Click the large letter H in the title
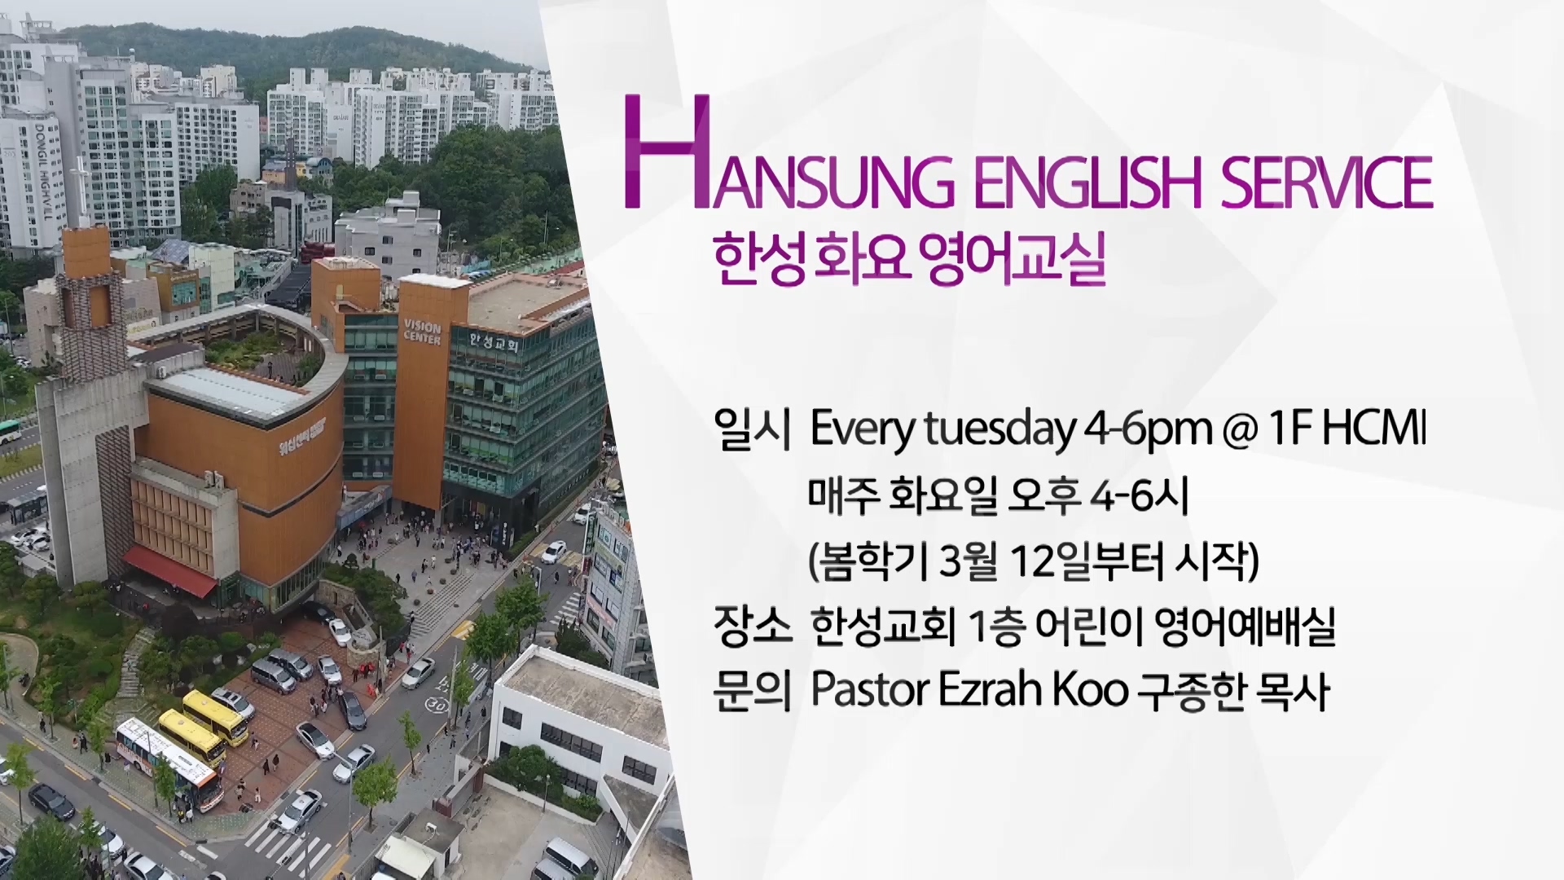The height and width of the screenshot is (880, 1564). tap(661, 152)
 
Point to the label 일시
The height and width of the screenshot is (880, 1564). tap(750, 429)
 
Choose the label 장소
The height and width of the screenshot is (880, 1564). tap(751, 627)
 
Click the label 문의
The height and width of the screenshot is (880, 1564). tap(751, 691)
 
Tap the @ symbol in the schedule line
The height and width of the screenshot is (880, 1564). tap(1241, 430)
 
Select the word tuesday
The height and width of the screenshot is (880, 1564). tap(1000, 430)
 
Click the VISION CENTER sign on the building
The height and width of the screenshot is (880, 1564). tap(422, 332)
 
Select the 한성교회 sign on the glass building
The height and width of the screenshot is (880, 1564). tap(494, 342)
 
